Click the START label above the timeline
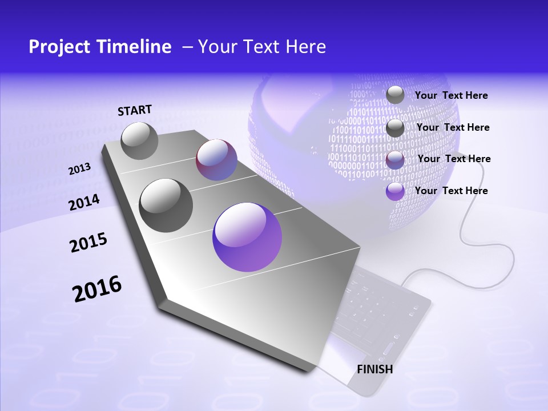coord(135,110)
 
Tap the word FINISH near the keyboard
coord(375,369)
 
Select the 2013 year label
coord(79,169)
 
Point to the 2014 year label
coord(84,203)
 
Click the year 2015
coord(88,243)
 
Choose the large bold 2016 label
coord(97,289)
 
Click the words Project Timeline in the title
coord(100,47)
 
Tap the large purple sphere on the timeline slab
coord(247,237)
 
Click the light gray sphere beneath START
coord(139,140)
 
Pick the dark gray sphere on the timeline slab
coord(166,205)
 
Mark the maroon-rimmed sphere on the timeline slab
coord(216,160)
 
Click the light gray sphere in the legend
coord(395,95)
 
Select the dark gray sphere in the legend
coord(395,128)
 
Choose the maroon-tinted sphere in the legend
coord(395,160)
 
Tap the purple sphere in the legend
coord(395,191)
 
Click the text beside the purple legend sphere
coord(451,191)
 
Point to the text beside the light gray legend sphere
coord(451,95)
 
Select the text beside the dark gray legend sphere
coord(453,127)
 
